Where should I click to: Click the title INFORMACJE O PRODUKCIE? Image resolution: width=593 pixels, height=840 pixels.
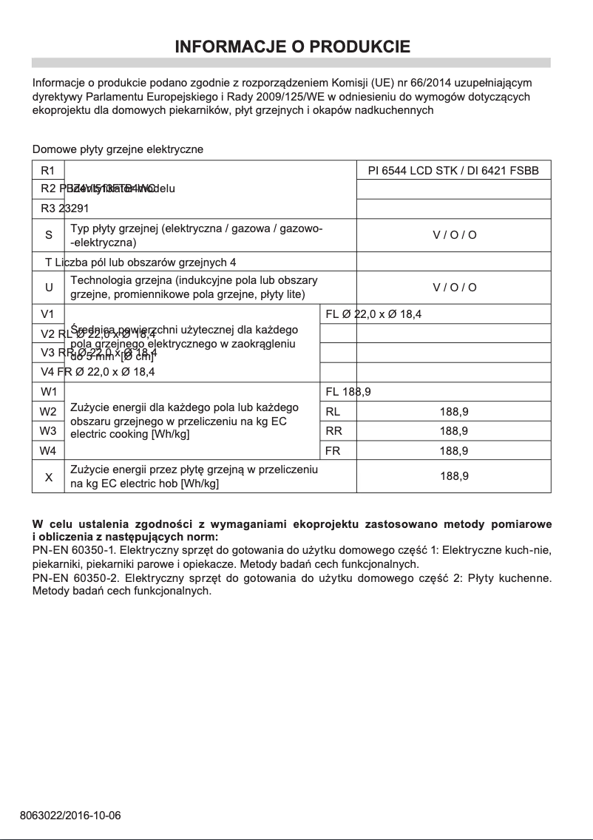292,47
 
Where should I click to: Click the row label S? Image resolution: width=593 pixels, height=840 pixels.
48,235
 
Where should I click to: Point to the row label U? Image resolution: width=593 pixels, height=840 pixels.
48,288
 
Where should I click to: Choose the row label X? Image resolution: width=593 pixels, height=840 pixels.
48,477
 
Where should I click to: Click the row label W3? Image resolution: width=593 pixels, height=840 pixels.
48,430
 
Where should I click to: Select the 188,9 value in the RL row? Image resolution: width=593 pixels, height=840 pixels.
454,411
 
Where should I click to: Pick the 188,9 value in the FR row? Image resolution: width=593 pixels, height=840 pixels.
454,450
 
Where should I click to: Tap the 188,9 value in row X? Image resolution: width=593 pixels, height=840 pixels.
454,477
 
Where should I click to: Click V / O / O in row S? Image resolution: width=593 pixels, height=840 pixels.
454,235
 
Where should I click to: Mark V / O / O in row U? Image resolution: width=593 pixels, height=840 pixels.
454,288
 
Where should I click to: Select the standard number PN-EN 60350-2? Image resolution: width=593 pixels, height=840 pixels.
76,577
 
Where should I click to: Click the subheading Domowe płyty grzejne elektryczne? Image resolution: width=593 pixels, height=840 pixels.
118,149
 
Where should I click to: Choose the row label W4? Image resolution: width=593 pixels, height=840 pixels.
48,450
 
